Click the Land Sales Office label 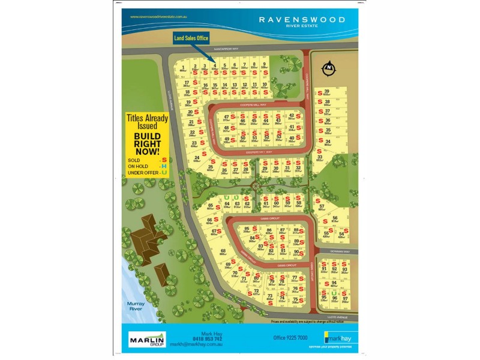pyautogui.click(x=191, y=38)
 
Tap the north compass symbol pyautogui.click(x=328, y=69)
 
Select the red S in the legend pyautogui.click(x=163, y=160)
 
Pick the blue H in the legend pyautogui.click(x=163, y=166)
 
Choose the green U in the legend pyautogui.click(x=163, y=173)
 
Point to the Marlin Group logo pyautogui.click(x=147, y=340)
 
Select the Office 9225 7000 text pyautogui.click(x=290, y=338)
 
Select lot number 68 pyautogui.click(x=223, y=251)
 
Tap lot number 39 pyautogui.click(x=326, y=92)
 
